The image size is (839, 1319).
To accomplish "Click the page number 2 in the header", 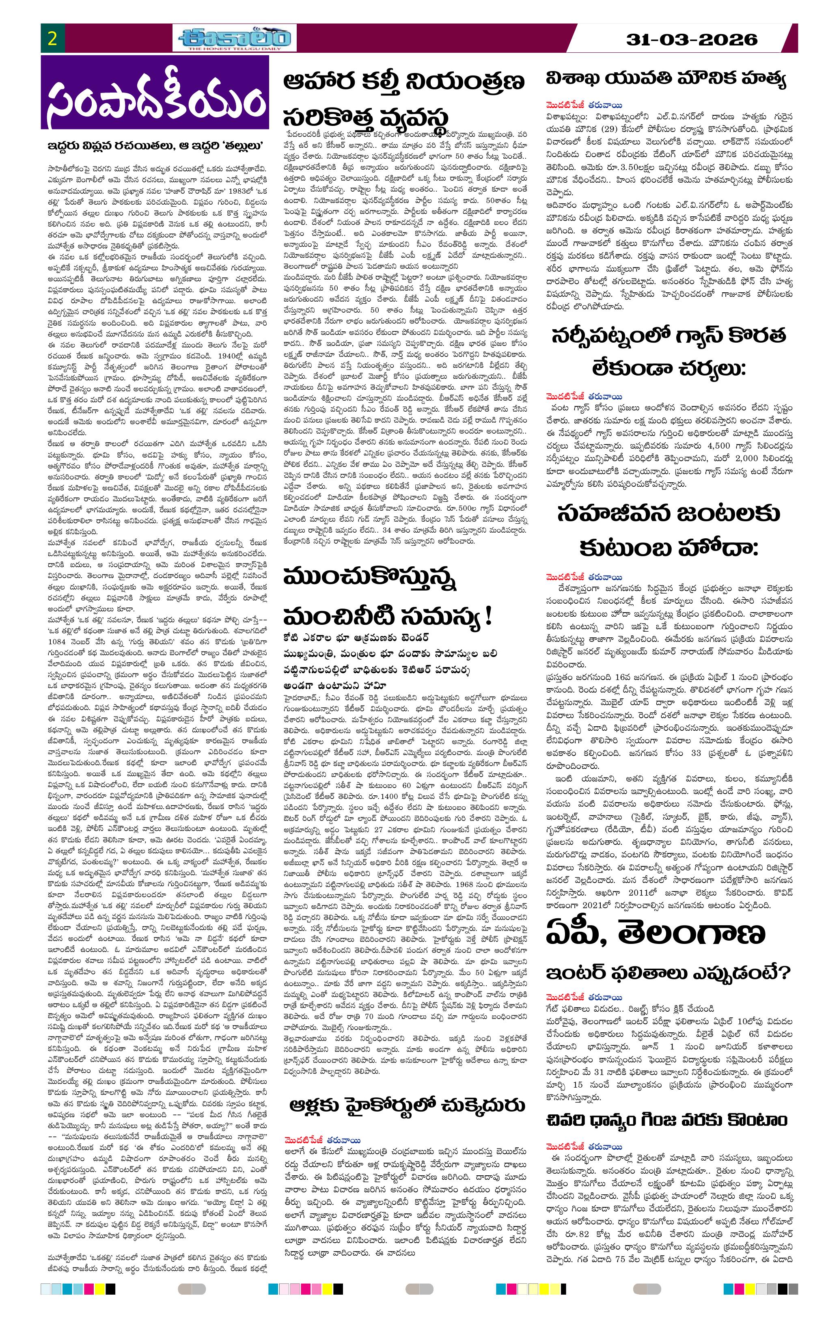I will click(x=53, y=39).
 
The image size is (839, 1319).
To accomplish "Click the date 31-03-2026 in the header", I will click(x=692, y=39).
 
